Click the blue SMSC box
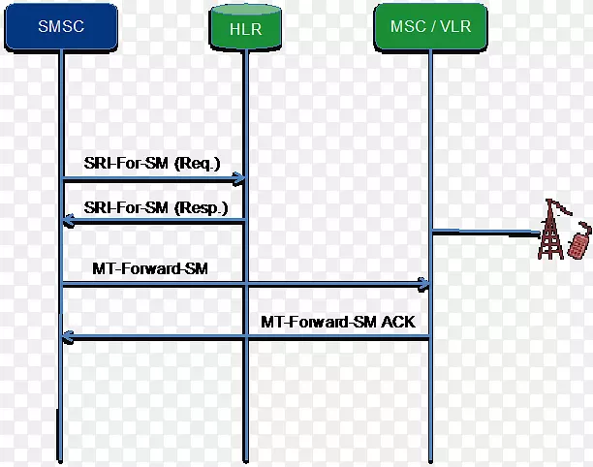tap(61, 27)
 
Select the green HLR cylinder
tap(245, 29)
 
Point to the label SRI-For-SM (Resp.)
tap(156, 206)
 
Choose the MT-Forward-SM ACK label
tap(337, 321)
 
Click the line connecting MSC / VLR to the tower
tap(484, 232)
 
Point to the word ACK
tap(396, 321)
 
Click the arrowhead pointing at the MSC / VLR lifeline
tap(423, 284)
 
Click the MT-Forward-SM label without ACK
tap(138, 266)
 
